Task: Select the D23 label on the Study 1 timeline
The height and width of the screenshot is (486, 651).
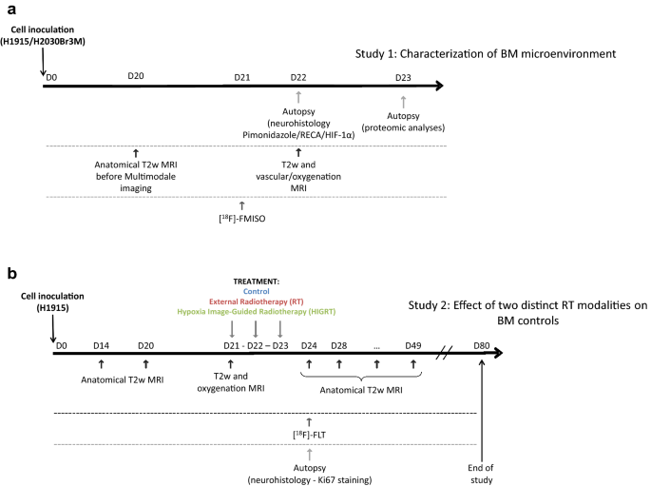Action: (x=403, y=75)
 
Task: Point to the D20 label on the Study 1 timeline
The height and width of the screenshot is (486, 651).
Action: (x=135, y=75)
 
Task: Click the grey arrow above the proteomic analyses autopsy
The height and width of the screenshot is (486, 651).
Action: (x=404, y=102)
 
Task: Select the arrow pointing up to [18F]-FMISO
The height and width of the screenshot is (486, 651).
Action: (x=241, y=204)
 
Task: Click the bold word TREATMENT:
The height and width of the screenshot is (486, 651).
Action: (x=258, y=282)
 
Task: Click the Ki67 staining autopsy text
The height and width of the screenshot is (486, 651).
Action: (x=309, y=474)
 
